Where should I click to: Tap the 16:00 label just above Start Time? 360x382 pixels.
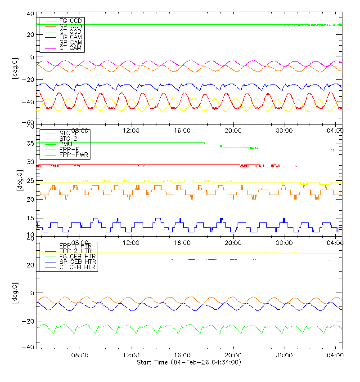[182, 355]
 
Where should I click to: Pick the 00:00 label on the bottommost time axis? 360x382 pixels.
[284, 355]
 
